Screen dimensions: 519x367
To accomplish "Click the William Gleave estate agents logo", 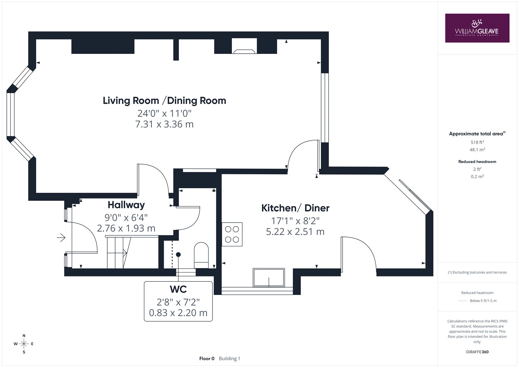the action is [x=477, y=28].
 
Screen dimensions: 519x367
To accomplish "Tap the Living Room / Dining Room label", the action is [x=164, y=101].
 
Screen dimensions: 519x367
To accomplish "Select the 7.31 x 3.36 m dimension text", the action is [x=164, y=124].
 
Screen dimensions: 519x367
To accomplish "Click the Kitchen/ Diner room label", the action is [x=295, y=208].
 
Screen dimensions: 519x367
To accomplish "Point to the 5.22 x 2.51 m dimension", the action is [x=295, y=232].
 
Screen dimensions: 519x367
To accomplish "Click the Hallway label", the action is [x=126, y=205].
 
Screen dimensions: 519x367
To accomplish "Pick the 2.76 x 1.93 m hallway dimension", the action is [x=126, y=228].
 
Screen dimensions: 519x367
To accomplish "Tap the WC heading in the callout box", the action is [x=178, y=289].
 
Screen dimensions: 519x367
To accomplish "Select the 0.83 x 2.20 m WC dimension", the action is [x=178, y=313].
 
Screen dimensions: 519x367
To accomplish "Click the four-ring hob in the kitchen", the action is [x=232, y=234].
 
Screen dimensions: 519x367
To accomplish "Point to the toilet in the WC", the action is [x=201, y=255].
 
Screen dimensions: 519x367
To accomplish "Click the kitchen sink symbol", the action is [x=269, y=277].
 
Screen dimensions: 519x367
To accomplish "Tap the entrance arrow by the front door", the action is [x=61, y=238].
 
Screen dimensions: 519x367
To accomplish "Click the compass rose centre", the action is [x=24, y=344].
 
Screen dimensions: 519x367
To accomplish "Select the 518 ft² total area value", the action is [x=477, y=142].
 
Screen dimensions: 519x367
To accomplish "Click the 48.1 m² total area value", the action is [x=477, y=150].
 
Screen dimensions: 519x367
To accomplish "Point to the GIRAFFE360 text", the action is [x=477, y=352].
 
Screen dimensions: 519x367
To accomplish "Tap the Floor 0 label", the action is [x=207, y=359].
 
